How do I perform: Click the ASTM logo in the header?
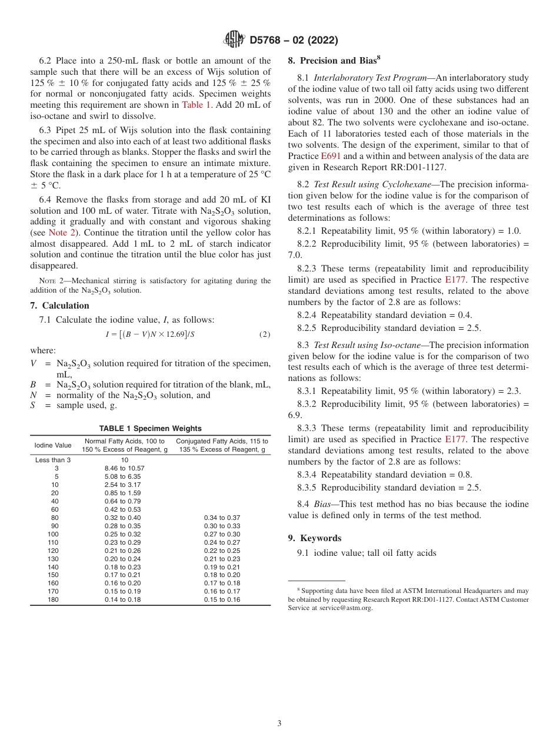(x=234, y=39)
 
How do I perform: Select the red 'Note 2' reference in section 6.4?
(x=58, y=233)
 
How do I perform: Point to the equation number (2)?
(x=264, y=334)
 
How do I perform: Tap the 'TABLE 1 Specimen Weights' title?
(x=150, y=429)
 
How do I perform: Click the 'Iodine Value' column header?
(x=53, y=445)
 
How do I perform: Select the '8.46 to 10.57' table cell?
(x=124, y=469)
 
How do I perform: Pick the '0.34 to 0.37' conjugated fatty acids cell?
(x=222, y=518)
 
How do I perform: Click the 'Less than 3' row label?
(x=53, y=460)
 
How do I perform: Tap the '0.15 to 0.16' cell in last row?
(x=222, y=599)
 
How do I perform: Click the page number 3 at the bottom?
(x=279, y=724)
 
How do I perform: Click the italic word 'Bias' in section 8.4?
(x=324, y=504)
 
